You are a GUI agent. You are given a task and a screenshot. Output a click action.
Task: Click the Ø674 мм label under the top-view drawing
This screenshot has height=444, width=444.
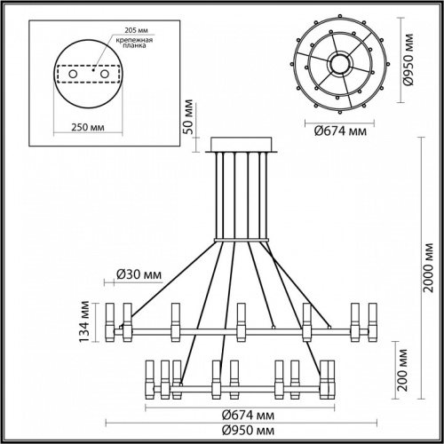click(x=341, y=132)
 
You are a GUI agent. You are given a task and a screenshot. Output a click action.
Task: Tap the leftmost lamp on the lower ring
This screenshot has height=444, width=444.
click(x=147, y=379)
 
